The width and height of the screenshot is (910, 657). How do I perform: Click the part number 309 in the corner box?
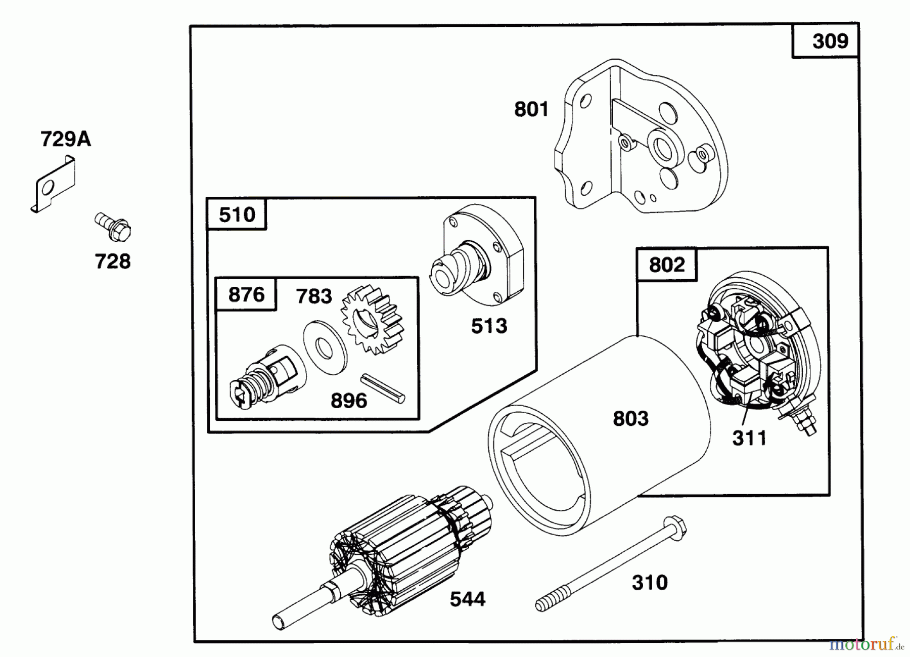tap(830, 41)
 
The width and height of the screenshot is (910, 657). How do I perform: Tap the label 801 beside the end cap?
tap(531, 109)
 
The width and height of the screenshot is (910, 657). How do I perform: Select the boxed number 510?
tap(237, 214)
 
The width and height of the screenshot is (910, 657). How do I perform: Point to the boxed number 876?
tap(246, 294)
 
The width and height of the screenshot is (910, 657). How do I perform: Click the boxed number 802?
tap(666, 265)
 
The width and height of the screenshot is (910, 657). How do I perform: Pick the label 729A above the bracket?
tap(66, 139)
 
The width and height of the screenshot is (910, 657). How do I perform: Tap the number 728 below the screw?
tap(113, 261)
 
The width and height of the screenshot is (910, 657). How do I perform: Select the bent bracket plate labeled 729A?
tap(53, 185)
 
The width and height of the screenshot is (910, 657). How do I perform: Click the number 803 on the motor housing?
tap(630, 419)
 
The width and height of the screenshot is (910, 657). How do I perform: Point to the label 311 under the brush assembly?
tap(749, 438)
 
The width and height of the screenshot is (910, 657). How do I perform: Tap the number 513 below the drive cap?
tap(489, 326)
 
